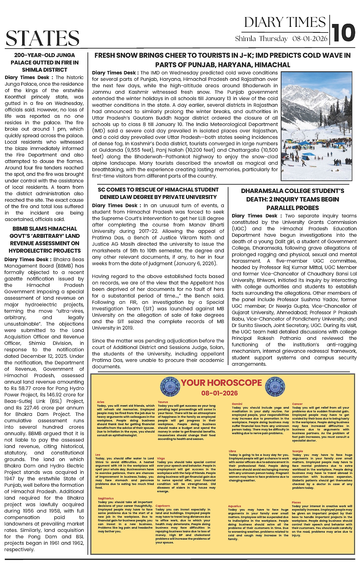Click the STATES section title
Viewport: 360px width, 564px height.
point(42,38)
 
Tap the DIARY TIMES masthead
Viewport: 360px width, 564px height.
point(285,22)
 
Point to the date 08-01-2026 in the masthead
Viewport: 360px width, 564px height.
point(310,39)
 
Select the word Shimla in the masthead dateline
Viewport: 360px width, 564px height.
point(245,39)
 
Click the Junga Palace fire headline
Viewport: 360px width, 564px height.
point(45,63)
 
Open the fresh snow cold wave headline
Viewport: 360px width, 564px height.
point(222,60)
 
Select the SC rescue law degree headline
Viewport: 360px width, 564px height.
point(158,193)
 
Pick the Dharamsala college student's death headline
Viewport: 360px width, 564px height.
point(292,199)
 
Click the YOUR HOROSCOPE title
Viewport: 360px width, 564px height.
point(221,383)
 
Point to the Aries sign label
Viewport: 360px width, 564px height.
point(100,402)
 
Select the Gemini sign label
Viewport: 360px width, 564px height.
point(237,404)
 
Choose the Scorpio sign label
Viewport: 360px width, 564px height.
point(297,451)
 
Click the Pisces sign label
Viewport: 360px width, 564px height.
point(296,502)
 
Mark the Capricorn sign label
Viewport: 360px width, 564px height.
point(163,506)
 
